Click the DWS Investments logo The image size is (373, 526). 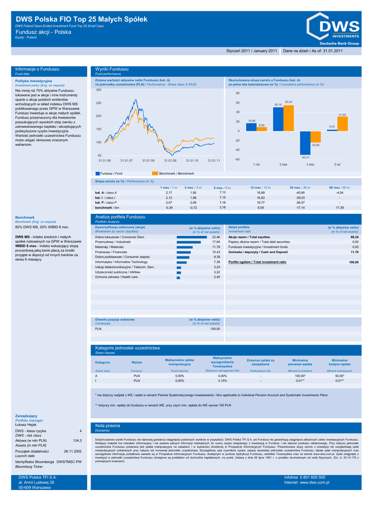point(332,28)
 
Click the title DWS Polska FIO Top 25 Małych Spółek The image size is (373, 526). point(82,20)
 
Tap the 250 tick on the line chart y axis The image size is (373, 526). point(98,103)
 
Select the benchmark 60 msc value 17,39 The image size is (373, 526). point(340,208)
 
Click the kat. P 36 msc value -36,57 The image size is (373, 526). point(300,203)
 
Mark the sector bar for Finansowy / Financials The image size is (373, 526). point(184,252)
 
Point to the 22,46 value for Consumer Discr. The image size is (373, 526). point(216,237)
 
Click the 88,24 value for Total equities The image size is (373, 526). point(354,237)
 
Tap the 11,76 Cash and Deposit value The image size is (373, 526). point(354,252)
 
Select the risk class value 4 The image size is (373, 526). point(80,430)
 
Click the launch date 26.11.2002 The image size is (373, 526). point(73,451)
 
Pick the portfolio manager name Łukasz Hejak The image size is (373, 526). point(26,425)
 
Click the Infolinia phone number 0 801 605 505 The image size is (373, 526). point(312,477)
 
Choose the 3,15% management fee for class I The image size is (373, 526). point(222,381)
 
